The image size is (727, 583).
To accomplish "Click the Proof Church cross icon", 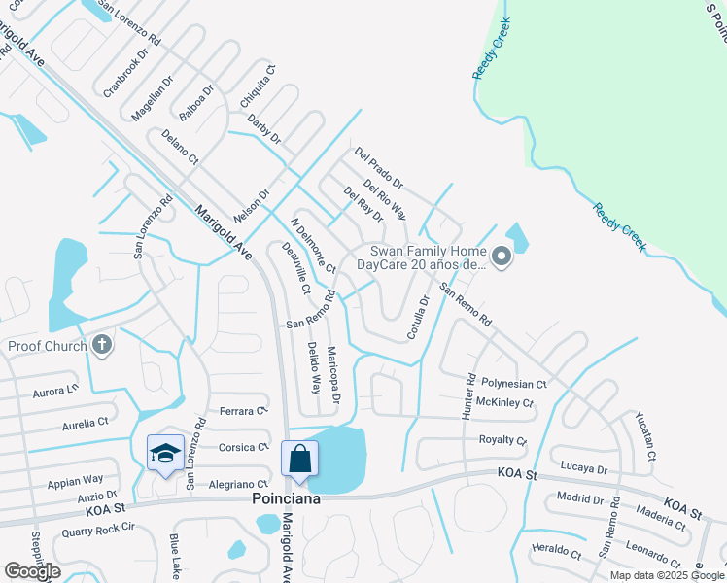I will (101, 345).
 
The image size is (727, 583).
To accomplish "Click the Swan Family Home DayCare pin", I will (502, 257).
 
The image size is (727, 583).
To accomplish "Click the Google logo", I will (32, 571).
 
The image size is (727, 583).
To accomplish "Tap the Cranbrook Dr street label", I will (124, 76).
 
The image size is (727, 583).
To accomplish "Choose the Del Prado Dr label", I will (378, 167).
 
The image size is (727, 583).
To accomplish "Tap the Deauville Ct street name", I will (294, 268).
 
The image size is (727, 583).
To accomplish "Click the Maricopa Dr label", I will (333, 374).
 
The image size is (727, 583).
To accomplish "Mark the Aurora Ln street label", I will (54, 390).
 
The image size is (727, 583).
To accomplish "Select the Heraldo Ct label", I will (556, 552).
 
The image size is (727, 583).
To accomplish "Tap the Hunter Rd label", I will (469, 391).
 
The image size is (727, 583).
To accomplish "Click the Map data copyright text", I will (665, 575).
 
